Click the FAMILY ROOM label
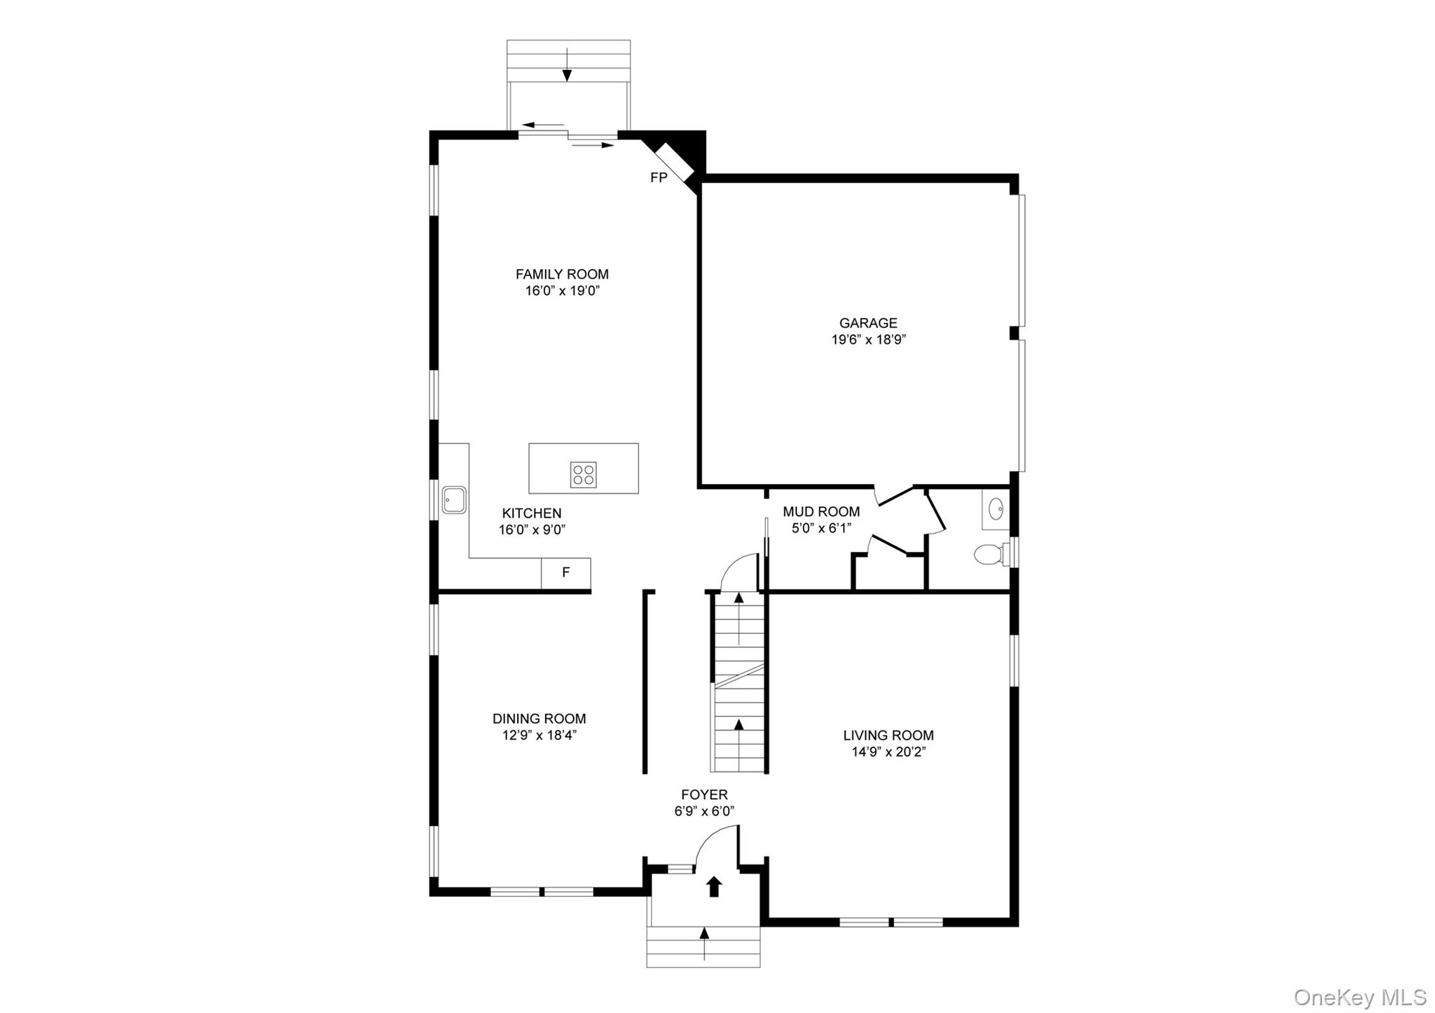click(x=562, y=275)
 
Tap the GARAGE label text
click(x=868, y=323)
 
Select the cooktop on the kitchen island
click(x=583, y=474)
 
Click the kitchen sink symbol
click(x=454, y=499)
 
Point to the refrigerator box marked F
click(x=565, y=573)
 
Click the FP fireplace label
click(x=659, y=178)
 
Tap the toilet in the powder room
click(x=989, y=554)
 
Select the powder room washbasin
click(x=996, y=509)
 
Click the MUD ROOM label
click(x=821, y=512)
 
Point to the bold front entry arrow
click(x=714, y=886)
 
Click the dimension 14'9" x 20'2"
click(x=888, y=752)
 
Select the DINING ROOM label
click(x=539, y=719)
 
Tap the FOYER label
click(x=704, y=794)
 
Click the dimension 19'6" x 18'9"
click(x=868, y=340)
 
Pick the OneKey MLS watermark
click(x=1360, y=996)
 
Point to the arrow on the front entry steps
click(x=704, y=943)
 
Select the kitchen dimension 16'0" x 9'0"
click(x=532, y=530)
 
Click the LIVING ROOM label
click(x=888, y=736)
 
